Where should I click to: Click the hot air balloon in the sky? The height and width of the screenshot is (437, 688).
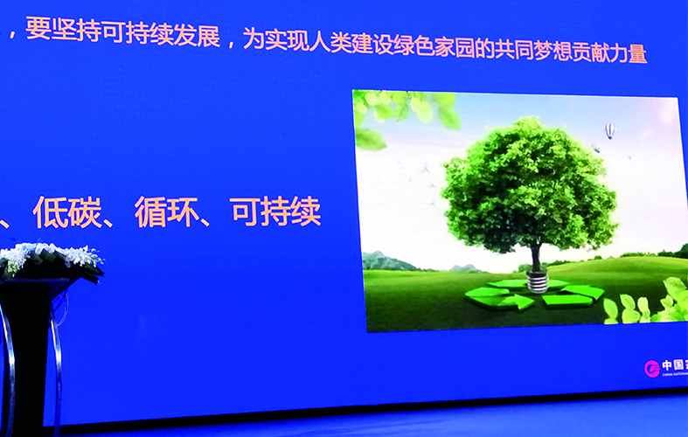point(609,130)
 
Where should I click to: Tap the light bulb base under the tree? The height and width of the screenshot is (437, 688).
point(537,282)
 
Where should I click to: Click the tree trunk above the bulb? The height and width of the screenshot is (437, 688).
point(535,259)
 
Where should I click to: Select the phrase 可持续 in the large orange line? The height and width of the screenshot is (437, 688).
point(275,212)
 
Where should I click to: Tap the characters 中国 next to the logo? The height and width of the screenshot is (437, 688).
point(674,367)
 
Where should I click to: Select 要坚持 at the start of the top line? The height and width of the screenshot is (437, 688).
point(56,32)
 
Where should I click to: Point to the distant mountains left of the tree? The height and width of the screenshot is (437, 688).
point(389,260)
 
